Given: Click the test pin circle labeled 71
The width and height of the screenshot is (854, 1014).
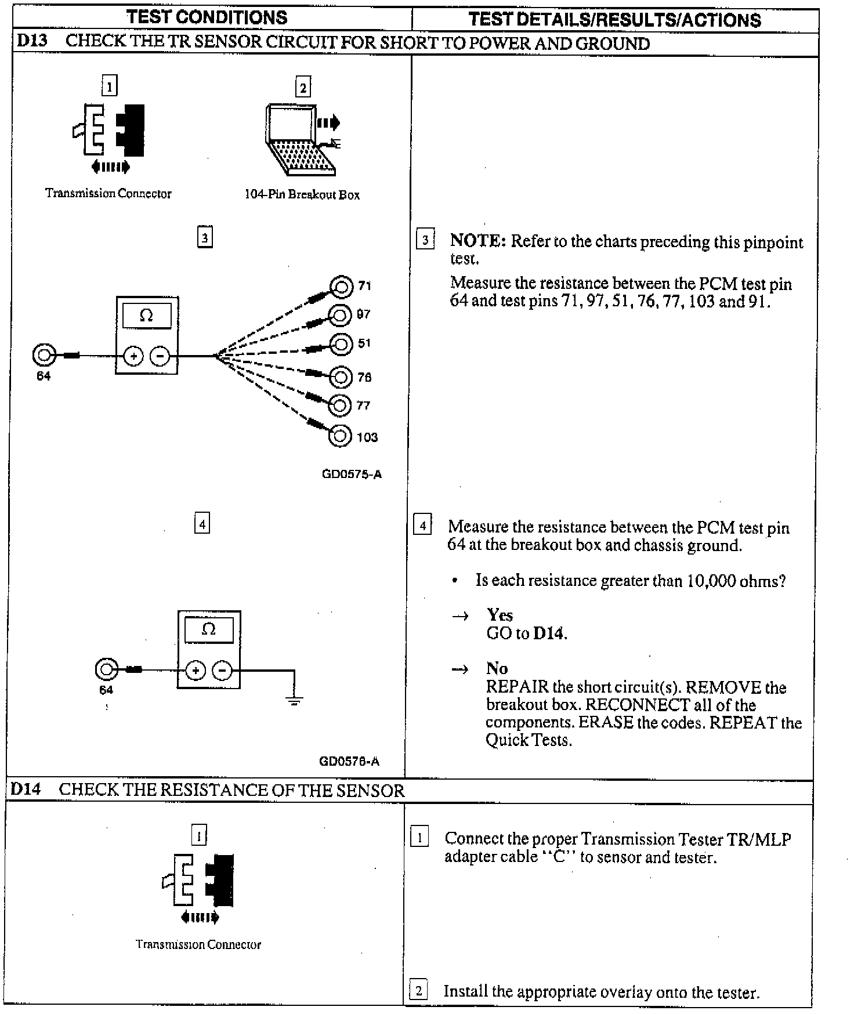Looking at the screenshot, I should (341, 286).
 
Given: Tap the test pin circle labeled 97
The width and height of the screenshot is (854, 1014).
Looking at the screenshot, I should (341, 316).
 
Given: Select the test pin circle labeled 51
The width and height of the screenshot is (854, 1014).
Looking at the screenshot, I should (341, 344).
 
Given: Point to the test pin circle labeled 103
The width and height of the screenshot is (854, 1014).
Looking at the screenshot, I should (340, 436).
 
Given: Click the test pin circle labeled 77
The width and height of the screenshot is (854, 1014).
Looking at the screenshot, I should (340, 405).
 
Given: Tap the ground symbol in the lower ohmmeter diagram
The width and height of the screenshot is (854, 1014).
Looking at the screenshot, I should (294, 701).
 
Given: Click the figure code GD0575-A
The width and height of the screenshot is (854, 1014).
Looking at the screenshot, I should (352, 475).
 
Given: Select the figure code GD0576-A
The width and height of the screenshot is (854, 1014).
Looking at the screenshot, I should (349, 761).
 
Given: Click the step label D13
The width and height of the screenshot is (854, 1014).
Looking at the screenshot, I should (32, 42).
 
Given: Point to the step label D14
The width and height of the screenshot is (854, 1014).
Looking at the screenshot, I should (26, 790).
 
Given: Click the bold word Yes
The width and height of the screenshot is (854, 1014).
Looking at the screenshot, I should (500, 615).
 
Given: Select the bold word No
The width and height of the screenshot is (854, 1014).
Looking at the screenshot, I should (497, 668).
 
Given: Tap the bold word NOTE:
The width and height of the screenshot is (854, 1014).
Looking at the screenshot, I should (477, 241).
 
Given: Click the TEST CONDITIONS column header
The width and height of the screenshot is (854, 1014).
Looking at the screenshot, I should (207, 17).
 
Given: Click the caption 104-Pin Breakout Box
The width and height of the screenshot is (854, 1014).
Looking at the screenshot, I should (302, 195).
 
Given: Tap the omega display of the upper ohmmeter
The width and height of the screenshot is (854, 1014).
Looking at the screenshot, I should (146, 316).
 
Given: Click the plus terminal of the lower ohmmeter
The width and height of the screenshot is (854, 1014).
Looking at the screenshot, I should (195, 671).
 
